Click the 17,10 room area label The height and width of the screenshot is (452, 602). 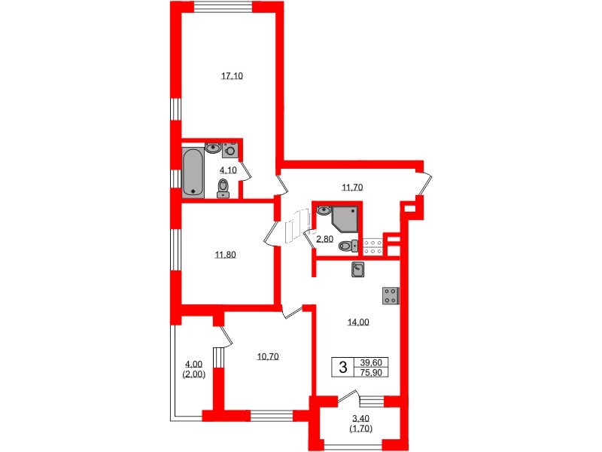(x=231, y=75)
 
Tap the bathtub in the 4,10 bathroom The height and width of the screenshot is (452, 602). (x=193, y=172)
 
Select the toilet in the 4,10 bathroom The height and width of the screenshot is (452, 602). (x=223, y=188)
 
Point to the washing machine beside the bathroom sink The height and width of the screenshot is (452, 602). (x=231, y=149)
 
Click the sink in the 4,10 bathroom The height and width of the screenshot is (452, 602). (x=213, y=148)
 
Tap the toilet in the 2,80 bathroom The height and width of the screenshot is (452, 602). (x=346, y=245)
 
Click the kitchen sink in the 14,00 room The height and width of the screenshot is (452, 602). (x=359, y=269)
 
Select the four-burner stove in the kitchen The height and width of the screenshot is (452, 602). (x=391, y=296)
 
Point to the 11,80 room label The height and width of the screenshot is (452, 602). (x=226, y=255)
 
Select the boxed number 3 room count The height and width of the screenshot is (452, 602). (x=343, y=368)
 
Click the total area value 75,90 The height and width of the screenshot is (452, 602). (x=372, y=373)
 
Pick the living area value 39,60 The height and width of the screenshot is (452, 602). (x=372, y=362)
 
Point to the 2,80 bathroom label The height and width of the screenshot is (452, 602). (x=324, y=239)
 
